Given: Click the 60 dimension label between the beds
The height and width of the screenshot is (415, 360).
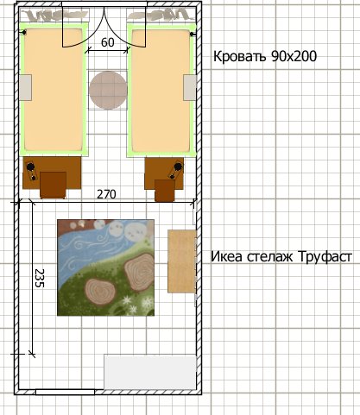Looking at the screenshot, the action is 108,42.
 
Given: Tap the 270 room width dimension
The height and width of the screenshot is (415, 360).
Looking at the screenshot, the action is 106,194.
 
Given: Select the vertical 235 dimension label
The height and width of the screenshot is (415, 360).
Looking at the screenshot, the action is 39,278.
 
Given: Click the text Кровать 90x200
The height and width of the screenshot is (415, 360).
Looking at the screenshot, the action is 265,56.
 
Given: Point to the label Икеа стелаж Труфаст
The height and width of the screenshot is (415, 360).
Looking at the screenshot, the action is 281,256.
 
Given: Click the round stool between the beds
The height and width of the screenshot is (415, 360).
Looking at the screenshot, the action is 108,90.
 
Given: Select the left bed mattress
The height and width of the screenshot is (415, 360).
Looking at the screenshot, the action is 54,90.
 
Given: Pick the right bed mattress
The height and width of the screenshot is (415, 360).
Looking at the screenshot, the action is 161,91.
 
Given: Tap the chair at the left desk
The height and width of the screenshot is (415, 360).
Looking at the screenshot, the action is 53,185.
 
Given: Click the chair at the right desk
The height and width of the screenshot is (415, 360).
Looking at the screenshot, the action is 165,191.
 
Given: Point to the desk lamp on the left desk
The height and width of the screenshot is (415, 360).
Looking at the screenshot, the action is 32,171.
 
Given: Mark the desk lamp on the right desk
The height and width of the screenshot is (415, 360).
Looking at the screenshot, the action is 175,170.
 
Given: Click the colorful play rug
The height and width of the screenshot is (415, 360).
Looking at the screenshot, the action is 105,267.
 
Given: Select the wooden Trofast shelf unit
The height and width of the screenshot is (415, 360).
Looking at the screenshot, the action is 182,261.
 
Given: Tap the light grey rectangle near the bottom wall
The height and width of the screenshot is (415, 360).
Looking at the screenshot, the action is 150,373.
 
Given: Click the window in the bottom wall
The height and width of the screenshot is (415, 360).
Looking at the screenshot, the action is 65,392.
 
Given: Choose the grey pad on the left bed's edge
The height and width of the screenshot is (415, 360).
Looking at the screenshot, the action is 25,87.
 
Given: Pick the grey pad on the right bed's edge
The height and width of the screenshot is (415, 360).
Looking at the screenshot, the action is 190,87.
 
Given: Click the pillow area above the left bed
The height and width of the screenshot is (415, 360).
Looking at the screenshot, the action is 54,15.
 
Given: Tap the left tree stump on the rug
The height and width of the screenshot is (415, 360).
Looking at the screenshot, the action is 100,292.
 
